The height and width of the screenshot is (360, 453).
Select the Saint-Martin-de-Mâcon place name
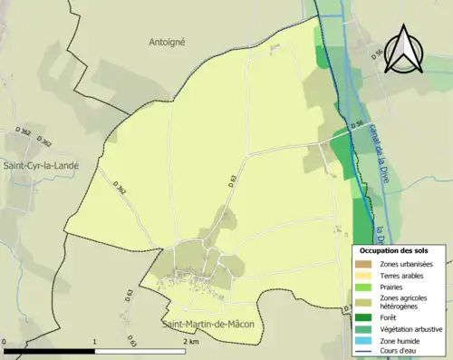208,324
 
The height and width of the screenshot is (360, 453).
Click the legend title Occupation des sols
394,250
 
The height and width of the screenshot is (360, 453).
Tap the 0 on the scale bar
5,342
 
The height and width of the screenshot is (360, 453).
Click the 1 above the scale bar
95,342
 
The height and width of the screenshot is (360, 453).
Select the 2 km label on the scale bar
190,342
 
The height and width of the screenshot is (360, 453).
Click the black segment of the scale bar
51,350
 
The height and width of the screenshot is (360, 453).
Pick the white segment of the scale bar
140,350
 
